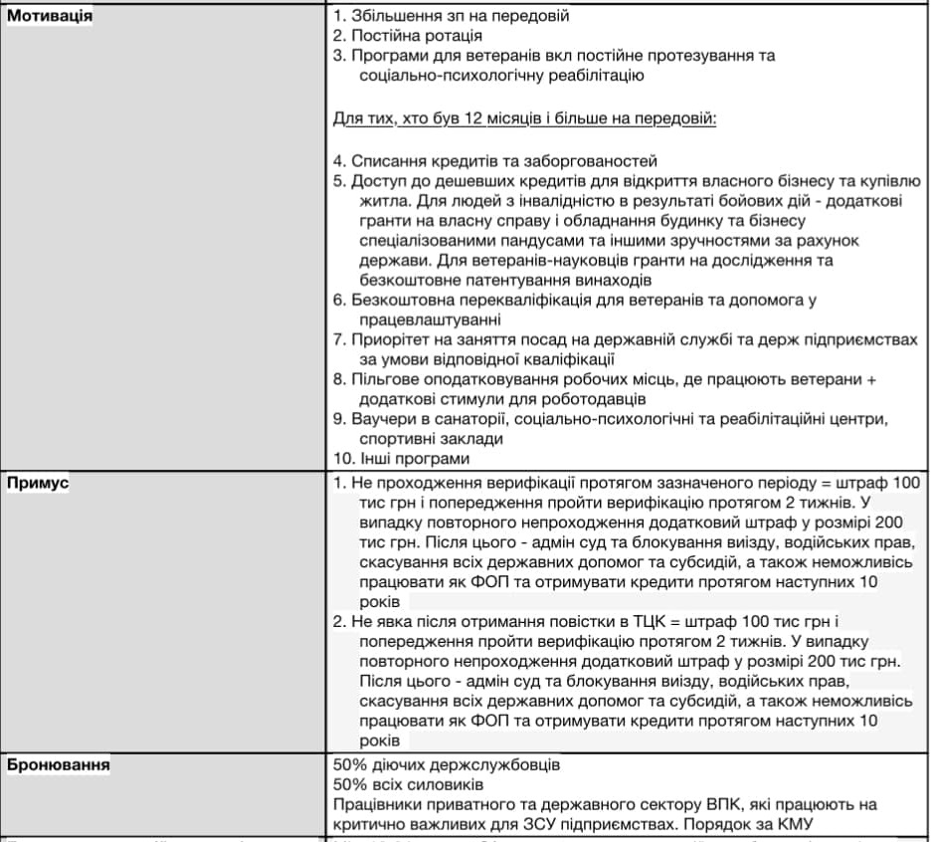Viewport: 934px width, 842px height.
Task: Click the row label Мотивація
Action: coord(50,16)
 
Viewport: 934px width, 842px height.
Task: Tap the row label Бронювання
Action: coord(59,765)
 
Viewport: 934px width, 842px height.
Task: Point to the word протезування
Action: coord(706,55)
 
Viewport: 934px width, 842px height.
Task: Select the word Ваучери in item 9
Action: coord(381,419)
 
